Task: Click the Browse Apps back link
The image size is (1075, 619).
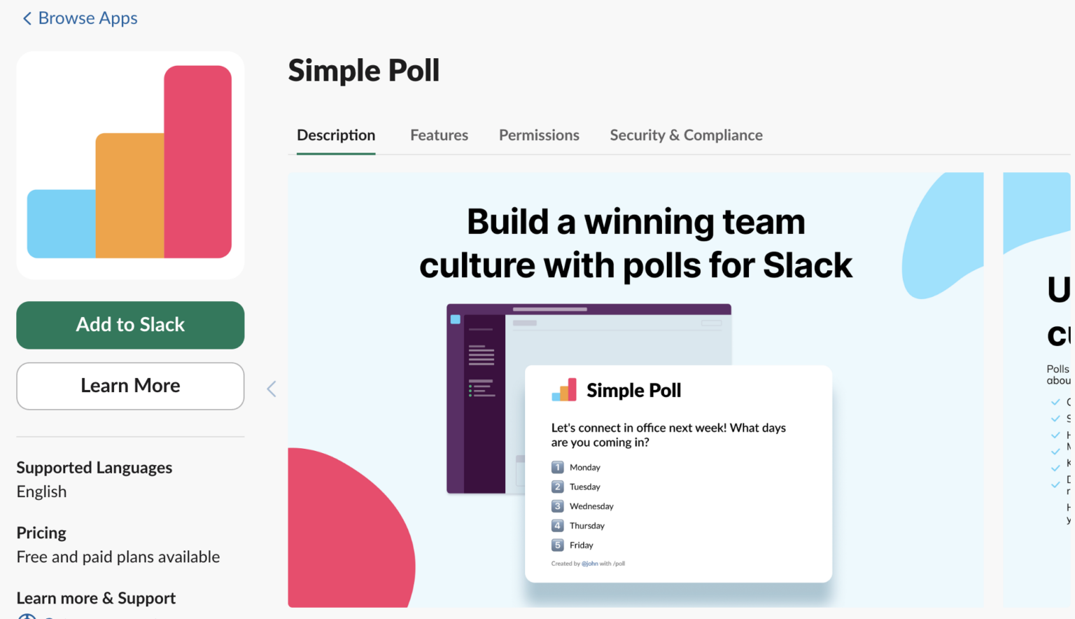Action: pos(80,18)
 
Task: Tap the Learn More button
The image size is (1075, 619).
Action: pos(130,386)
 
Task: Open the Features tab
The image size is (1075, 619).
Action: pos(439,135)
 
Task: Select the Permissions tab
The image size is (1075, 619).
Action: pos(539,135)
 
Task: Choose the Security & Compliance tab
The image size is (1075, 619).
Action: pos(686,135)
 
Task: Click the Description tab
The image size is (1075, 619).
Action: pos(336,135)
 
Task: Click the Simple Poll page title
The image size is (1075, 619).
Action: pos(364,71)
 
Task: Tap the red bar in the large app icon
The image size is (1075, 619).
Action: pos(198,161)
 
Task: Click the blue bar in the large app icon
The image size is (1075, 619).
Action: pos(62,223)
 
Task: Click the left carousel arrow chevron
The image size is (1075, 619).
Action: pos(272,389)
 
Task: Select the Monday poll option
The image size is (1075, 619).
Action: pos(584,468)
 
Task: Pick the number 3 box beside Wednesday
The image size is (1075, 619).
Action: pos(558,506)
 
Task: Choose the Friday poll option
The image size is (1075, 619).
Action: pos(581,545)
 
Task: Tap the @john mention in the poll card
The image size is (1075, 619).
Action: pos(590,564)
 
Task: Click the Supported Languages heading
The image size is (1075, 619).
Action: pos(94,468)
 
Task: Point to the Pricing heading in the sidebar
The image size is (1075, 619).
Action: pos(41,533)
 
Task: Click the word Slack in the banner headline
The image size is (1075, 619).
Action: pos(808,266)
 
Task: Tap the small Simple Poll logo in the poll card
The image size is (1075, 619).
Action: pos(564,390)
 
